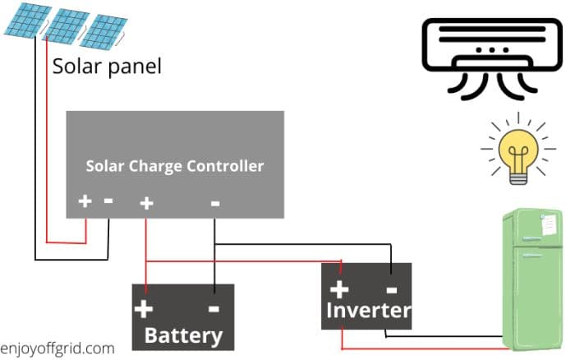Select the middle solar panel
(x=65, y=25)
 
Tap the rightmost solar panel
(x=105, y=31)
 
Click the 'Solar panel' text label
(x=107, y=66)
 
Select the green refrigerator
(x=531, y=279)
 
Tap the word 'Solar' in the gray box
(x=104, y=166)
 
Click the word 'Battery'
(x=183, y=335)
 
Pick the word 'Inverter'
(x=367, y=310)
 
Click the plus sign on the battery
(x=144, y=309)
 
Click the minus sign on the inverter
(x=391, y=288)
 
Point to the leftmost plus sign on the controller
(x=84, y=201)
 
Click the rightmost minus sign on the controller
(x=215, y=202)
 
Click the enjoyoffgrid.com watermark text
(x=57, y=348)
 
